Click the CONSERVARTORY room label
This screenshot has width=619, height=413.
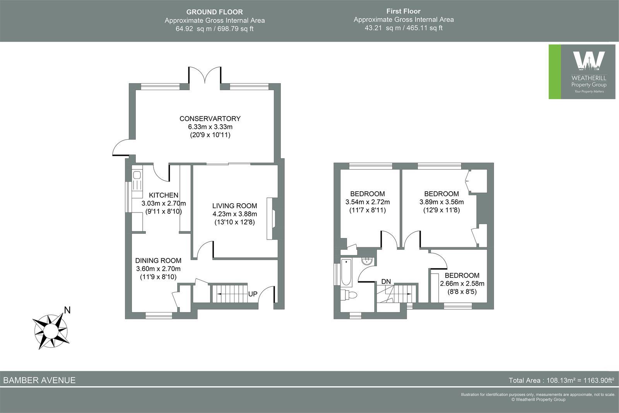(x=210, y=118)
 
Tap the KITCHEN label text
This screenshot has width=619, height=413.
(x=164, y=195)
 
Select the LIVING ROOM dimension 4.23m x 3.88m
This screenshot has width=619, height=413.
(x=234, y=214)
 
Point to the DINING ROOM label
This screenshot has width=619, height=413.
(x=158, y=260)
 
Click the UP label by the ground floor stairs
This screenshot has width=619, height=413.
(x=253, y=294)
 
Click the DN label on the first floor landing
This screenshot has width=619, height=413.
(x=386, y=281)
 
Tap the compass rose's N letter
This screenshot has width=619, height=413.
(x=67, y=310)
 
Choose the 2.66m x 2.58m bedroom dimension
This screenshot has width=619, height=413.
(x=462, y=283)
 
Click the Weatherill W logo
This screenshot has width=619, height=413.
(x=588, y=62)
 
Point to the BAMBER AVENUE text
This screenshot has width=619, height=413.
(x=39, y=380)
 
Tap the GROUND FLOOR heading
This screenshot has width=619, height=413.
(x=215, y=12)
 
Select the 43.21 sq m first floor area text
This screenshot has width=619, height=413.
(x=404, y=28)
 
